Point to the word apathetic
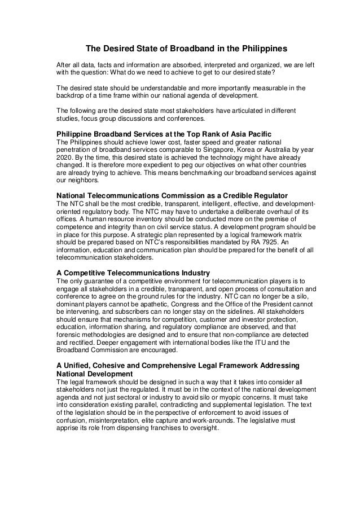tap(151, 302)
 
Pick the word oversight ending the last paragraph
tap(201, 428)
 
